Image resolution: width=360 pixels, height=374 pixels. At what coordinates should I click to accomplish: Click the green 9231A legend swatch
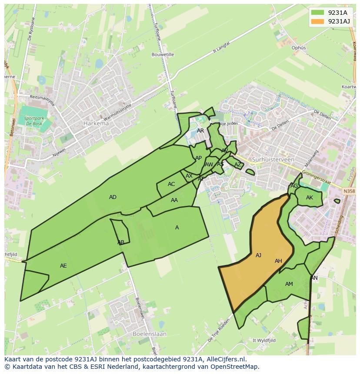pyautogui.click(x=318, y=13)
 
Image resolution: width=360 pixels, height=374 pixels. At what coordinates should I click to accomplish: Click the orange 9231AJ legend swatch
pyautogui.click(x=318, y=21)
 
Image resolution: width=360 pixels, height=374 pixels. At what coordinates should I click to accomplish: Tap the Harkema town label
pyautogui.click(x=96, y=123)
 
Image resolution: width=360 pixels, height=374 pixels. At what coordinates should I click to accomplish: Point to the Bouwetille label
pyautogui.click(x=163, y=55)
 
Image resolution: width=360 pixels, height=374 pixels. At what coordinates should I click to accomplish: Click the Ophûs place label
pyautogui.click(x=299, y=48)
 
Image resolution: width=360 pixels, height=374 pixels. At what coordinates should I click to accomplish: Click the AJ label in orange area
pyautogui.click(x=258, y=255)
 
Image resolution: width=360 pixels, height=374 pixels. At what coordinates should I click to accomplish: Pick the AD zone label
pyautogui.click(x=113, y=197)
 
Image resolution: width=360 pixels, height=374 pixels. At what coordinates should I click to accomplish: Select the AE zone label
pyautogui.click(x=63, y=265)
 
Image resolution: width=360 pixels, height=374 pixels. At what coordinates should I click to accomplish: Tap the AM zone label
pyautogui.click(x=289, y=284)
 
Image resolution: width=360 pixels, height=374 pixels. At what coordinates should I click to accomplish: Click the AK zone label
pyautogui.click(x=310, y=198)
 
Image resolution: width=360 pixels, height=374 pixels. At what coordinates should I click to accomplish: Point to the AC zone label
pyautogui.click(x=171, y=184)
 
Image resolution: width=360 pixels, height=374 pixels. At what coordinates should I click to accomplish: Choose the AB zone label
pyautogui.click(x=121, y=242)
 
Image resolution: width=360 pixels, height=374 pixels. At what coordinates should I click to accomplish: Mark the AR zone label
pyautogui.click(x=200, y=131)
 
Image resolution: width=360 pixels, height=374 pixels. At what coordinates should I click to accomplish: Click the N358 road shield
pyautogui.click(x=349, y=191)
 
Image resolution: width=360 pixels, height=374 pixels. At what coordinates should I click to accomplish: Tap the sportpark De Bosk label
pyautogui.click(x=34, y=120)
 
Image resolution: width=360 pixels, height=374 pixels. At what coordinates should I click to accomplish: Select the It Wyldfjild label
pyautogui.click(x=264, y=341)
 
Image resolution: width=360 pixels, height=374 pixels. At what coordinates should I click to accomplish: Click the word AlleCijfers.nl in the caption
pyautogui.click(x=226, y=359)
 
